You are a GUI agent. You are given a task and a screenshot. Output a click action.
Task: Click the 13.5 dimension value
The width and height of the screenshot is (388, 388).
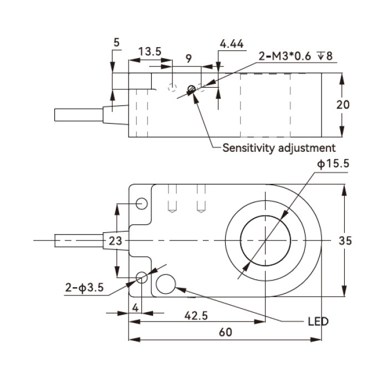click(x=150, y=52)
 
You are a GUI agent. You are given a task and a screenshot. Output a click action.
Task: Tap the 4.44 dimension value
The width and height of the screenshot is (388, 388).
click(x=232, y=44)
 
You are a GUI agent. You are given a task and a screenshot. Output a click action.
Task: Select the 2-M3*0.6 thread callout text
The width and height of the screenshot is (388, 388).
click(x=284, y=56)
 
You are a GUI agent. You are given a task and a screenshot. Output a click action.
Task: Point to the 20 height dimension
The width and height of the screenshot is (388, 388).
click(x=343, y=105)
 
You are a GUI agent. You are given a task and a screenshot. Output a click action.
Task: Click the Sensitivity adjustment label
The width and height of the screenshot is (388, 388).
click(x=279, y=148)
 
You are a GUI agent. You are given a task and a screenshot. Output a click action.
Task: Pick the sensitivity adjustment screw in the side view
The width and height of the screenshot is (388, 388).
click(x=192, y=89)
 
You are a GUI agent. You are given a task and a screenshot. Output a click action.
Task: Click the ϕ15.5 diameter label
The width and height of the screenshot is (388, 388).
click(x=333, y=164)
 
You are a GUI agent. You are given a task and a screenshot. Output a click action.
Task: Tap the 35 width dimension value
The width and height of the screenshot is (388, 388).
click(x=345, y=241)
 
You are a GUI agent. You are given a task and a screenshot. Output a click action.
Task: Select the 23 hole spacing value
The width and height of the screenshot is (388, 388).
click(x=115, y=241)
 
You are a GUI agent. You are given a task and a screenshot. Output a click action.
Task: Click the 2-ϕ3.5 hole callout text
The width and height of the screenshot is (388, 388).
click(x=84, y=288)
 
